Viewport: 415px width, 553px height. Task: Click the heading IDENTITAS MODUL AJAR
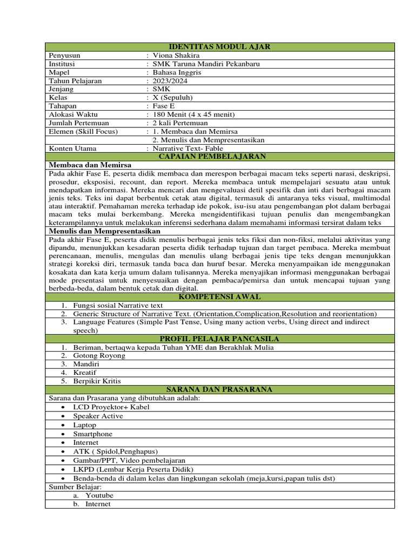[219, 47]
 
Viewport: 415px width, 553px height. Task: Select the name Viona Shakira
[176, 55]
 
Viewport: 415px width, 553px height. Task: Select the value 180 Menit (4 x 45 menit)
[194, 114]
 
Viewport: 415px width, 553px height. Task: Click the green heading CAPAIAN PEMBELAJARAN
[219, 157]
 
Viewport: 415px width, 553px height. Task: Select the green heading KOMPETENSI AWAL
[219, 297]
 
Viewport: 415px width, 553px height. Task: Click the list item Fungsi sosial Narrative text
[118, 305]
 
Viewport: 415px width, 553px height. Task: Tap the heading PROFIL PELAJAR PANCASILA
[219, 339]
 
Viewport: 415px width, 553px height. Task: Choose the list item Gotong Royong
[99, 355]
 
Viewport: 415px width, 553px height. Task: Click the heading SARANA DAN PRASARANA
[219, 389]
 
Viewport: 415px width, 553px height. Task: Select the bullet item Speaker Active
[98, 416]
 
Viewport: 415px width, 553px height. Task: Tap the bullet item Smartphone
[93, 434]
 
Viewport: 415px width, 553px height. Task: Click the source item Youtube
[99, 495]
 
